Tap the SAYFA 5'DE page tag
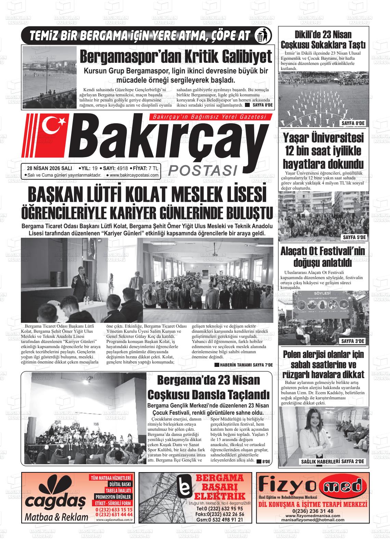pyautogui.click(x=354, y=237)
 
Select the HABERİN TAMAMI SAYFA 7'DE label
pyautogui.click(x=243, y=365)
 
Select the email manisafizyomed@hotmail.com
pyautogui.click(x=313, y=520)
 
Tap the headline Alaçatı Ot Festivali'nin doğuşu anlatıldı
pyautogui.click(x=323, y=257)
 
